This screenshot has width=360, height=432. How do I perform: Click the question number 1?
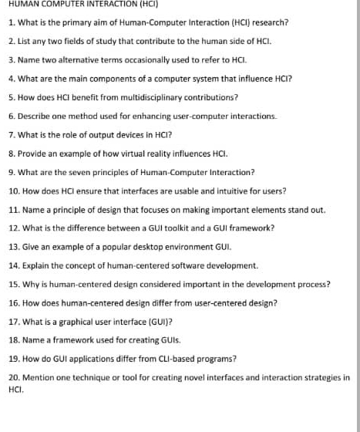pyautogui.click(x=11, y=22)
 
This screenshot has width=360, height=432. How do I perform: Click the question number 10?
pyautogui.click(x=13, y=191)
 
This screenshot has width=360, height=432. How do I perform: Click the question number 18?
pyautogui.click(x=13, y=340)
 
